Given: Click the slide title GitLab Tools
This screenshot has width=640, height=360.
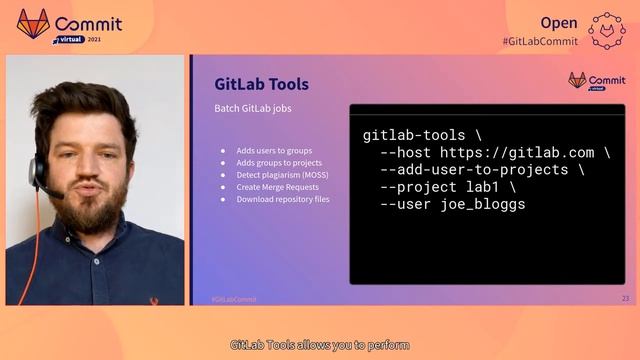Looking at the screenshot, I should (x=262, y=84).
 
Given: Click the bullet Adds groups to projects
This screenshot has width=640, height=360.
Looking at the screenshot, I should (x=279, y=163).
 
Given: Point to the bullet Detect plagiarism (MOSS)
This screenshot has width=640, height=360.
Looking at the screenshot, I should (x=282, y=175).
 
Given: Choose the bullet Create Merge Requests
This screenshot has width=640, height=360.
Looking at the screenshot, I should (x=277, y=187).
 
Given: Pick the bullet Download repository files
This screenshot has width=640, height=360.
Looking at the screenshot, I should (x=283, y=199).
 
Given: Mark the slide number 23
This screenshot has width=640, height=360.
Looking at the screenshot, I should (x=625, y=299).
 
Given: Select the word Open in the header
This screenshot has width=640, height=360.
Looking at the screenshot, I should (x=559, y=22).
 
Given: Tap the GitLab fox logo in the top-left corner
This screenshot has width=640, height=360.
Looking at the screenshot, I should (x=33, y=24).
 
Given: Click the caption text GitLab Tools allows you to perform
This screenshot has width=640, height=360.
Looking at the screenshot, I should (x=320, y=345).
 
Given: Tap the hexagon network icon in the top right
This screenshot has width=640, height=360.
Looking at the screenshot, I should (x=607, y=29).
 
